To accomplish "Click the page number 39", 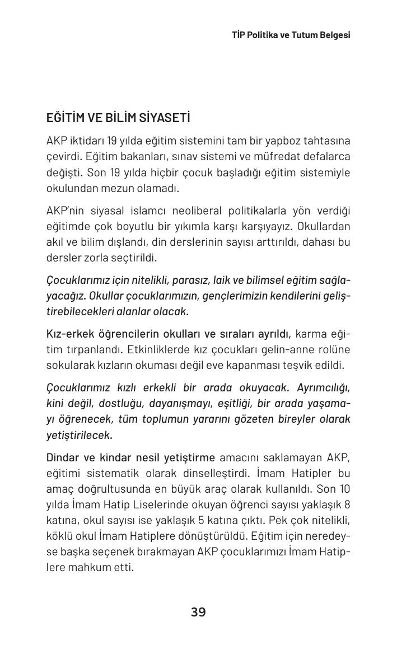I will pyautogui.click(x=198, y=612).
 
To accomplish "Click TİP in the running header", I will pyautogui.click(x=239, y=35).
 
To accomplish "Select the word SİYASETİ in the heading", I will pyautogui.click(x=165, y=118).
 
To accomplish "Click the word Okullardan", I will pyautogui.click(x=324, y=227).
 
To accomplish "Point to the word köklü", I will pyautogui.click(x=58, y=536).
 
